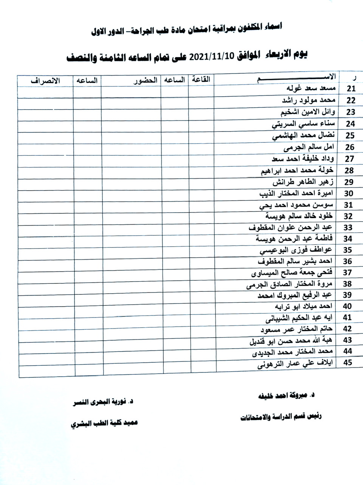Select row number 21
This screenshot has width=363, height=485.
[x=351, y=89]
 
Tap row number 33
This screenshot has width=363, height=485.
[x=347, y=227]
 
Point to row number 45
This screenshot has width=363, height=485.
[x=347, y=363]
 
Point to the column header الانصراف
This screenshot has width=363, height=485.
[x=45, y=80]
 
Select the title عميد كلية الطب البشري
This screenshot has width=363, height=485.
[x=104, y=423]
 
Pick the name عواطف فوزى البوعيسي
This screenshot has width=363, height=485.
[x=296, y=250]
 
